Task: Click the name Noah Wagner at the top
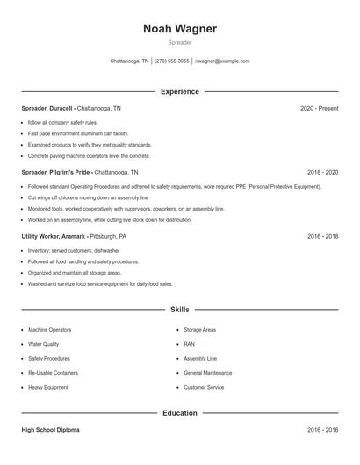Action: coord(179,28)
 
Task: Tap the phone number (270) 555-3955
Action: coord(172,61)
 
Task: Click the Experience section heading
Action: coord(179,91)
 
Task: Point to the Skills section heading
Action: coord(179,310)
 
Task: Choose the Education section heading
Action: coord(179,412)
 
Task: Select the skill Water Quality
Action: coord(44,344)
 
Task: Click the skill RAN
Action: coord(189,344)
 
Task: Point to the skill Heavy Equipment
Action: coord(48,387)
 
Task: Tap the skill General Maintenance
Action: coord(208,373)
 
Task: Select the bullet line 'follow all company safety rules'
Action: coord(63,122)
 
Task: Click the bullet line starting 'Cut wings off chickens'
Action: coord(79,198)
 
